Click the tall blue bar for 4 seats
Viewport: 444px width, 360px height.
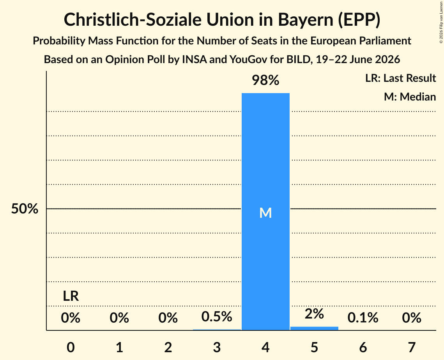265,212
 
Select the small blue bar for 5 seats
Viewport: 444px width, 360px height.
314,328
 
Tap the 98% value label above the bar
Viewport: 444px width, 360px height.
265,80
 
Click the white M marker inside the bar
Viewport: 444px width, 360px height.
265,213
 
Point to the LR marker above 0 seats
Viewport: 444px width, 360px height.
71,296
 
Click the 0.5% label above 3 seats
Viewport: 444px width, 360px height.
217,316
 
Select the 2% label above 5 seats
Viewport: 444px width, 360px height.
314,314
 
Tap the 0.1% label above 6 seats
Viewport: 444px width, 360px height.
363,318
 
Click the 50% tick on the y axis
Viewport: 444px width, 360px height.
25,209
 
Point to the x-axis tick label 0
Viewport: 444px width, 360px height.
71,347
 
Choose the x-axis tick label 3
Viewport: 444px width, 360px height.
217,347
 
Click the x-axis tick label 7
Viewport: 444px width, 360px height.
412,347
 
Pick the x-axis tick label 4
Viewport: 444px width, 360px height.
265,347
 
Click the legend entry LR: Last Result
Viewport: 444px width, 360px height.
401,78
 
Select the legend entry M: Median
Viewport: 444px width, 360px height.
410,97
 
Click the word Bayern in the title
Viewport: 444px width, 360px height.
306,20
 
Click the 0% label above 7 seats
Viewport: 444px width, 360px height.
412,318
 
